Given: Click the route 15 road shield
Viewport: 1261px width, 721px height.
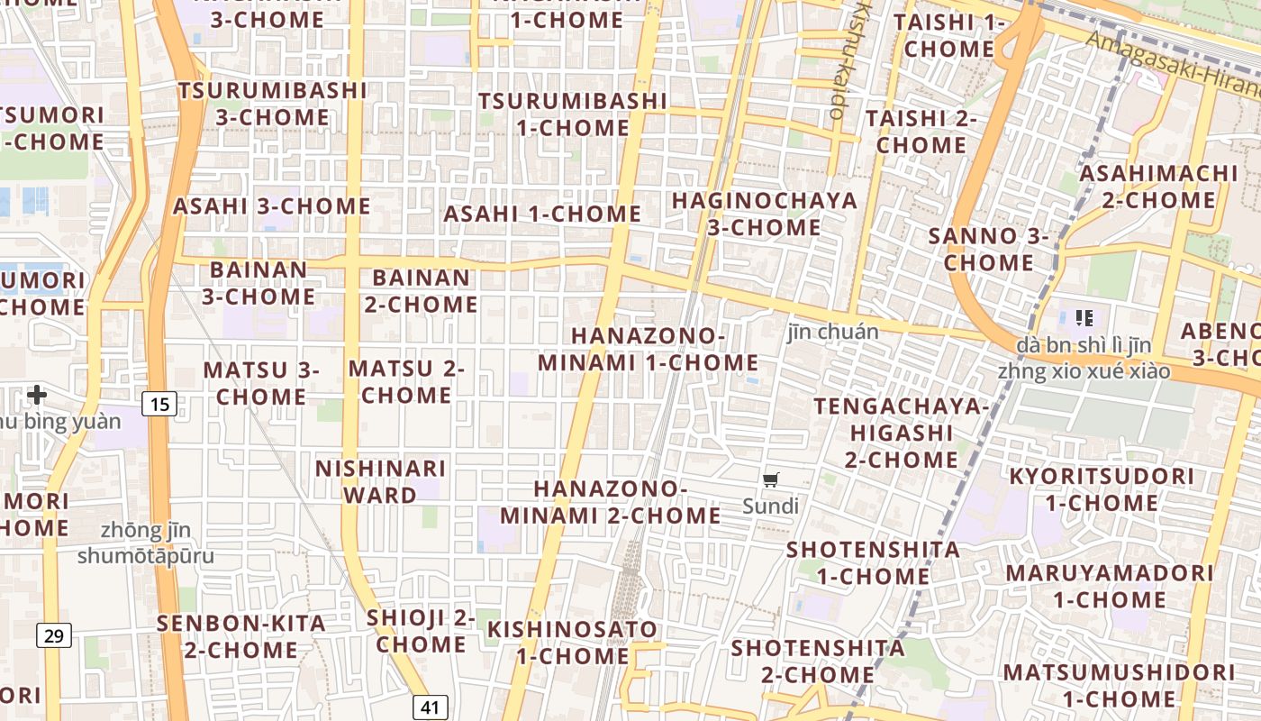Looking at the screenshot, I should (159, 404).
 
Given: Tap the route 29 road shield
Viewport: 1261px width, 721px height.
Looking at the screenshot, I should (54, 636).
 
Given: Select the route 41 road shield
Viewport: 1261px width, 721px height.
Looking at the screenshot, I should (430, 707).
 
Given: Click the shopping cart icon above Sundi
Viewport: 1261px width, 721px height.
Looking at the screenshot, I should (770, 480).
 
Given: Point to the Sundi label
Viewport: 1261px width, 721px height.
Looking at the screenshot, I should (770, 507).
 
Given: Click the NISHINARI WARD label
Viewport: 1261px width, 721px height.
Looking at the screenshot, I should (380, 482).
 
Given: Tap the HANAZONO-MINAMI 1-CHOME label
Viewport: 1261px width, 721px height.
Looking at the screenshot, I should (649, 349).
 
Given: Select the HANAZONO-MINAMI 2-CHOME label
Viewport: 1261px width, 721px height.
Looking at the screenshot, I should (611, 502).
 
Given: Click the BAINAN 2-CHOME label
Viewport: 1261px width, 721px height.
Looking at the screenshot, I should (422, 291).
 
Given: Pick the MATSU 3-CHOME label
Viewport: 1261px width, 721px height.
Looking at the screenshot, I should (261, 383).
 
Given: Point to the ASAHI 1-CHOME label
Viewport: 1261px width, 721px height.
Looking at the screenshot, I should (542, 214).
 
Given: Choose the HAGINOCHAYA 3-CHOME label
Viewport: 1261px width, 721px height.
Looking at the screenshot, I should (764, 214).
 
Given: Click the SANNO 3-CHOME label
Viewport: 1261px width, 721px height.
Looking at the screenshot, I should (989, 250).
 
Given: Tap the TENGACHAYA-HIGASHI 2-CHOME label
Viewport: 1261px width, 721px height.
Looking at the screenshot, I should (901, 433).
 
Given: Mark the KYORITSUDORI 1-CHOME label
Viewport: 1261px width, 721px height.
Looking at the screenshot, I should (1101, 489).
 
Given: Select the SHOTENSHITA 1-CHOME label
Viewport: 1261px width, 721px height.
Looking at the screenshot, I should (873, 562).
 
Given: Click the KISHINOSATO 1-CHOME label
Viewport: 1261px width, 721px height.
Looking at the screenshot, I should (573, 642).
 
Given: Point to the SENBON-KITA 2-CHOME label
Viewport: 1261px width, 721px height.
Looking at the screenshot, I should (241, 636).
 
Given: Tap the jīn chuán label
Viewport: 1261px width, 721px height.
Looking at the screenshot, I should (833, 332).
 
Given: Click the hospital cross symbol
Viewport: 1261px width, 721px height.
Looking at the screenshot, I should (37, 394).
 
